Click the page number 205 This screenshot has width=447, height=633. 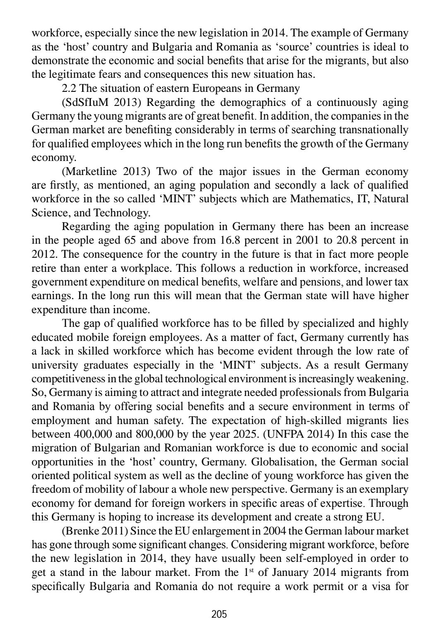pos(219,614)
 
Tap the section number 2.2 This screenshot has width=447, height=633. pos(69,89)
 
